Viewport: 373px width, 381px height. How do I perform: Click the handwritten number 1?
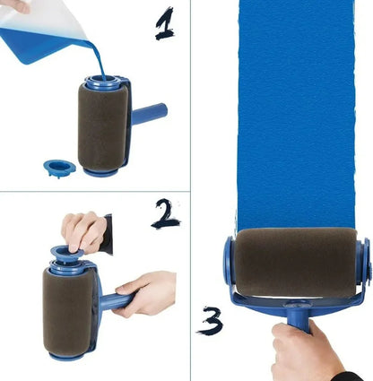163,23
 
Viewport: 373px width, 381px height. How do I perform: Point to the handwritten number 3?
211,320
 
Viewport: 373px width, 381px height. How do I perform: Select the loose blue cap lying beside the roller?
60,168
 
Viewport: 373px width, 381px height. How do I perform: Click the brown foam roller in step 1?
103,126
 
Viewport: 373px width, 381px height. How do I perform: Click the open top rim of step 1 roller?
104,83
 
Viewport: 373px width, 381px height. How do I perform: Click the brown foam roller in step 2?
66,310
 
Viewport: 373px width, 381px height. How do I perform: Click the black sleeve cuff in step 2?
108,234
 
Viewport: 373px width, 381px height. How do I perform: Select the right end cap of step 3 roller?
363,261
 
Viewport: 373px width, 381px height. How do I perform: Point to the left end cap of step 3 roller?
229,261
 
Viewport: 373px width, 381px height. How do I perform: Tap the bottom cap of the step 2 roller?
67,355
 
